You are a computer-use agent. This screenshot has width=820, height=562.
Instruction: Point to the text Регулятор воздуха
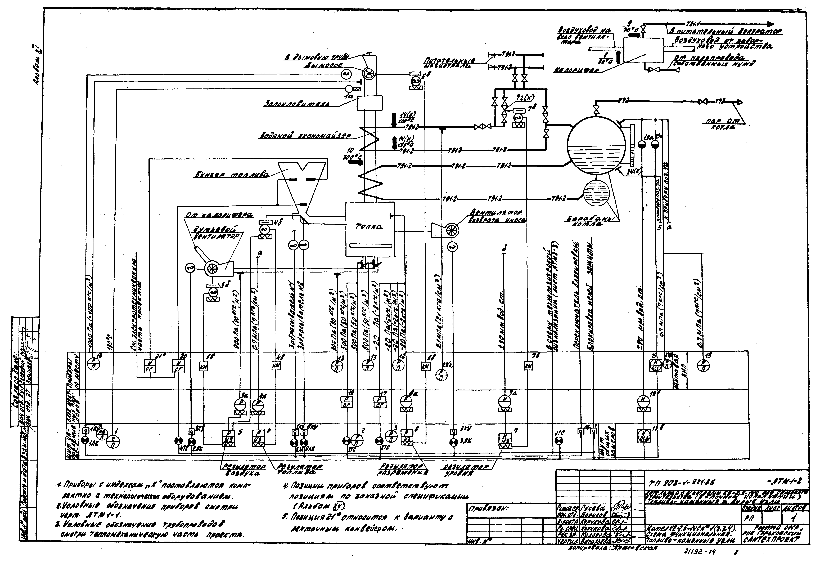tap(240, 470)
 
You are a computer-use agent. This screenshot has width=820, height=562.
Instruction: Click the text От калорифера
tap(219, 215)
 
